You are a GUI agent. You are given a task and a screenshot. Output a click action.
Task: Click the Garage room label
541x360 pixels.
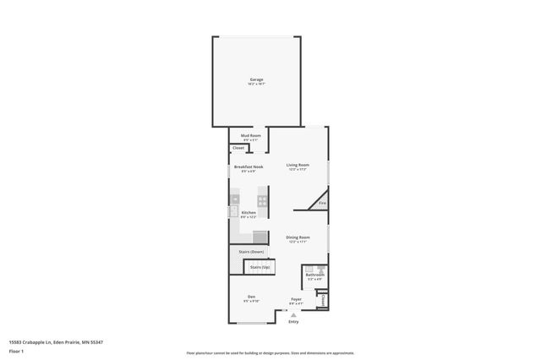click(256, 79)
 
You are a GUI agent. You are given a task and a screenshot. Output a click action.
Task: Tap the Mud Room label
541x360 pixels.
click(251, 135)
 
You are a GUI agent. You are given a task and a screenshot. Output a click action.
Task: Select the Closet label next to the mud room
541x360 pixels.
click(238, 148)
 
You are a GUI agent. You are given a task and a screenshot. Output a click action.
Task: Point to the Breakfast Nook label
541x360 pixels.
click(249, 166)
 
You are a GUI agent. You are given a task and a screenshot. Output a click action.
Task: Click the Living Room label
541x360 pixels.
click(297, 165)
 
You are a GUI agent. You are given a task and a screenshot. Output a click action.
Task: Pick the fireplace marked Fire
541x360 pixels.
click(322, 203)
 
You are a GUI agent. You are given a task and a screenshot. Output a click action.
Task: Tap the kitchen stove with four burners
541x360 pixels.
click(263, 201)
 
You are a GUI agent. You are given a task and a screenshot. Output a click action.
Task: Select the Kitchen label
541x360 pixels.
click(249, 212)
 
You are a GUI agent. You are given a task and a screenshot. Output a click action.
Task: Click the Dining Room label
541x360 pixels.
click(298, 237)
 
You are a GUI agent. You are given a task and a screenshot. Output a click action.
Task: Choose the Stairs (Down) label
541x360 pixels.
click(252, 252)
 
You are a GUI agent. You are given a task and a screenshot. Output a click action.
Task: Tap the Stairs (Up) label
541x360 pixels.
click(260, 267)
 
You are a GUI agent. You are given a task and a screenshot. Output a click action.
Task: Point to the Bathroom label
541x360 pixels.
click(314, 275)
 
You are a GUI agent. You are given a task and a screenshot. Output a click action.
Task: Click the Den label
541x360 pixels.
click(250, 297)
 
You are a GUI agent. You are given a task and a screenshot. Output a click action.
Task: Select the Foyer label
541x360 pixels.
click(297, 299)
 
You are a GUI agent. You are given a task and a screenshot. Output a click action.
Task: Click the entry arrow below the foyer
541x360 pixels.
click(293, 314)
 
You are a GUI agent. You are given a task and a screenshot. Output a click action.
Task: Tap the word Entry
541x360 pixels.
click(293, 322)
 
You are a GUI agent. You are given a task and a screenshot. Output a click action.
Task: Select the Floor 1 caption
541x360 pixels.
click(16, 351)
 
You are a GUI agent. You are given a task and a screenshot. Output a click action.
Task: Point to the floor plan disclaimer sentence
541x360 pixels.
click(270, 352)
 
